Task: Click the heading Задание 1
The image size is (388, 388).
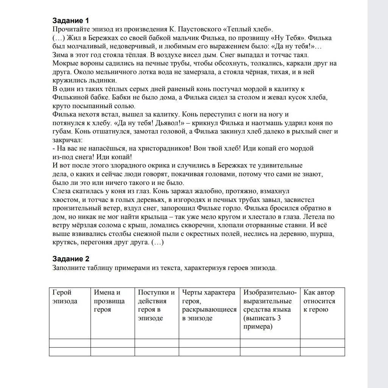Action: click(71, 20)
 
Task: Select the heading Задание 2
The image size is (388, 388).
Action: click(71, 259)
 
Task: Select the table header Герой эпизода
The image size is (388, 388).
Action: click(65, 297)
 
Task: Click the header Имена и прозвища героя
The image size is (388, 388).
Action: click(109, 301)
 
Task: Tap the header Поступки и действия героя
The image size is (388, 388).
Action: click(156, 305)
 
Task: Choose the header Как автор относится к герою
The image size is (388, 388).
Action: click(320, 301)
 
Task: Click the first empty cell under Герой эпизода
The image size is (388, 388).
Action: click(70, 343)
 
